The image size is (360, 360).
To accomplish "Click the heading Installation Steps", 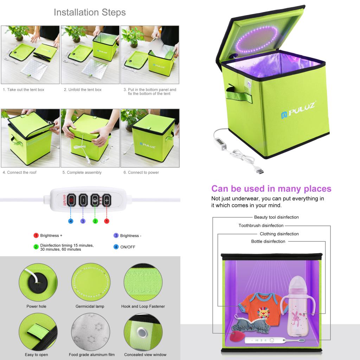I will pyautogui.click(x=90, y=13).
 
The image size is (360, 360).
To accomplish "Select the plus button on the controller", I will pyautogui.click(x=106, y=200).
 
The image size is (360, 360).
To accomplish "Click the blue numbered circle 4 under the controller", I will pyautogui.click(x=71, y=221).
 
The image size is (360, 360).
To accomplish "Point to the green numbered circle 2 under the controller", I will pyautogui.click(x=95, y=221).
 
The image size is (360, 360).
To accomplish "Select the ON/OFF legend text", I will pyautogui.click(x=128, y=247).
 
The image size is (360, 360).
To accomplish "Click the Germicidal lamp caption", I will pyautogui.click(x=90, y=306).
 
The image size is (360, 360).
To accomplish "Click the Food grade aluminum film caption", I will pyautogui.click(x=92, y=354).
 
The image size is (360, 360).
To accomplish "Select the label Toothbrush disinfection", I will pyautogui.click(x=261, y=225).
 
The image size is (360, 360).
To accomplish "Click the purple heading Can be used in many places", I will pyautogui.click(x=271, y=189).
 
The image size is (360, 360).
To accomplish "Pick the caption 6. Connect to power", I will pyautogui.click(x=141, y=172).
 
